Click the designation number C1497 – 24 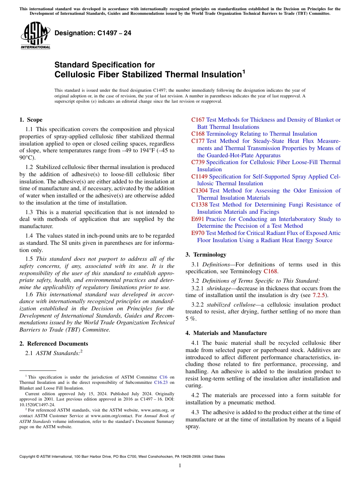click(x=93, y=33)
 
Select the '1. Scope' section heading click(x=31, y=120)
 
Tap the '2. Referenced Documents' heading click(x=53, y=344)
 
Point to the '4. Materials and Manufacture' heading click(x=226, y=333)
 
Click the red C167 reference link click(x=198, y=120)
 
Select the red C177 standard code click(x=198, y=141)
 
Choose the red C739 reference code click(x=198, y=162)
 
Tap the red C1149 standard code click(x=199, y=177)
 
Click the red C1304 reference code click(x=199, y=191)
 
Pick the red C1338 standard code click(x=199, y=205)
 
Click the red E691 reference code click(x=198, y=219)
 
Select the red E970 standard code click(x=198, y=233)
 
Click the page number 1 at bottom click(x=180, y=466)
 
